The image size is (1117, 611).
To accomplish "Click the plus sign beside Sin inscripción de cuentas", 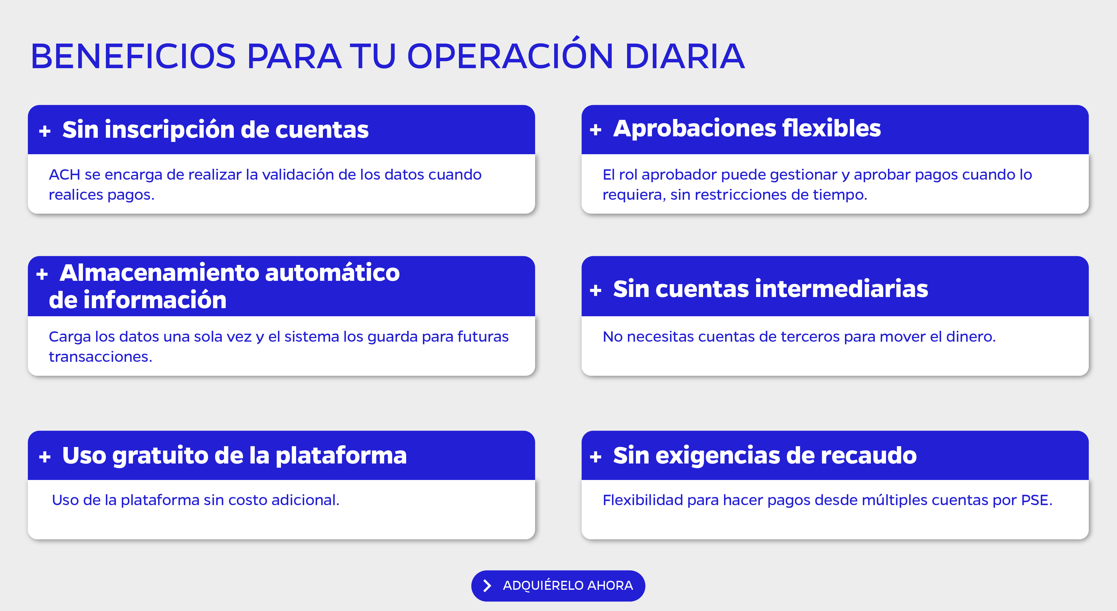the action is click(45, 131).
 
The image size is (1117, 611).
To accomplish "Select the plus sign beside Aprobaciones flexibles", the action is click(595, 130).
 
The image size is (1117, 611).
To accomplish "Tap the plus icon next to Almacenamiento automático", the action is click(42, 274).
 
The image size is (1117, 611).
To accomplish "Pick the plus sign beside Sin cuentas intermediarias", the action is click(595, 290).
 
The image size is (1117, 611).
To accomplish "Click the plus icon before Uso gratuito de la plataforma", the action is click(45, 457).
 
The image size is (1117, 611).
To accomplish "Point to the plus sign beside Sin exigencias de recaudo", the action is click(595, 457).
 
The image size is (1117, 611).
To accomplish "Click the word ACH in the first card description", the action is click(65, 175).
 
